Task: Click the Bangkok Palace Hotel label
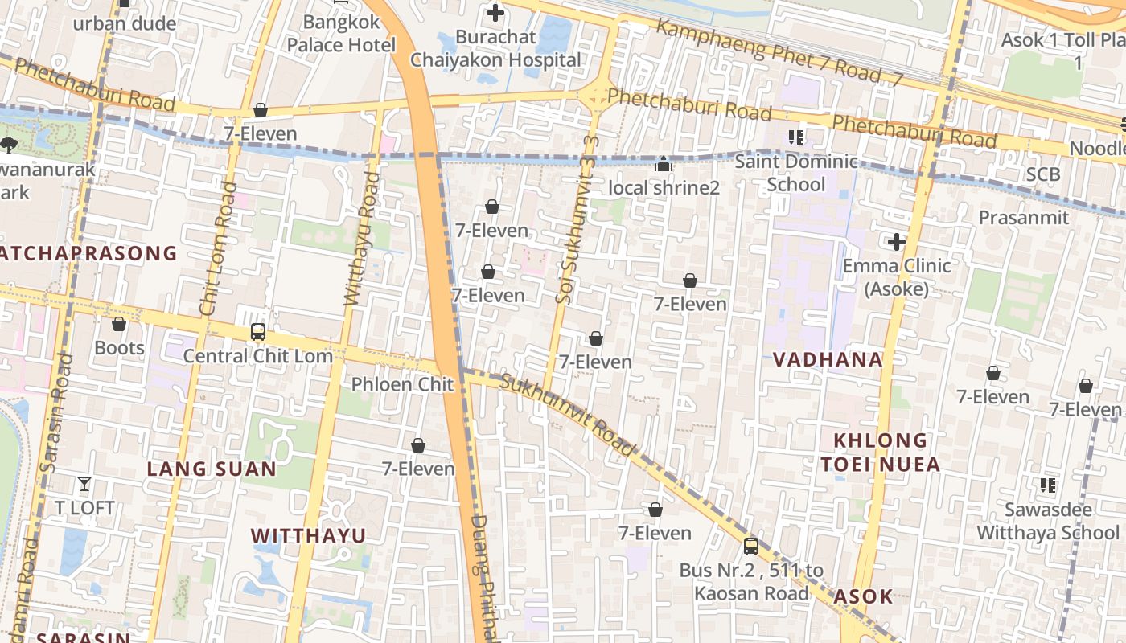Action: pos(342,34)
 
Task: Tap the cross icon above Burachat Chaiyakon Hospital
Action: pos(495,13)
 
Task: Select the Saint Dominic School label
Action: pos(795,173)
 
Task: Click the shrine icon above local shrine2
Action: pos(664,165)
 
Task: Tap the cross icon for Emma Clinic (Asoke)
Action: pos(897,242)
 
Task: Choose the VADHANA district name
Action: pos(828,359)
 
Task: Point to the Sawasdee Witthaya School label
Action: pos(1047,521)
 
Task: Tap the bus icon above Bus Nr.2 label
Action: pos(751,547)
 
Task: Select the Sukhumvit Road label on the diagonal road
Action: pos(568,415)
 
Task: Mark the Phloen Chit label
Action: pos(402,384)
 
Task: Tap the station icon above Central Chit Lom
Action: pos(257,331)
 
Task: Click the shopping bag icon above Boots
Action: pos(119,325)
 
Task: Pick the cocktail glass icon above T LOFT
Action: pos(84,484)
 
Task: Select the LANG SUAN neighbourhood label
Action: pos(212,469)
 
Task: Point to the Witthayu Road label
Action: pos(360,239)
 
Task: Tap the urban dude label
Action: pos(125,23)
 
